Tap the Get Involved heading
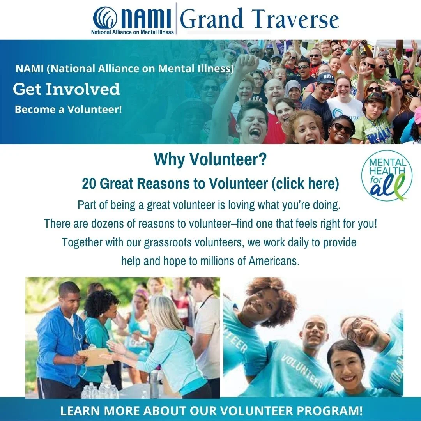[x=66, y=89]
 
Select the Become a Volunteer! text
[x=68, y=110]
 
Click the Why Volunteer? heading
[x=210, y=159]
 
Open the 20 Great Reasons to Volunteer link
[x=210, y=184]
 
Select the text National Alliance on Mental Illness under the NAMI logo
[x=133, y=32]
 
